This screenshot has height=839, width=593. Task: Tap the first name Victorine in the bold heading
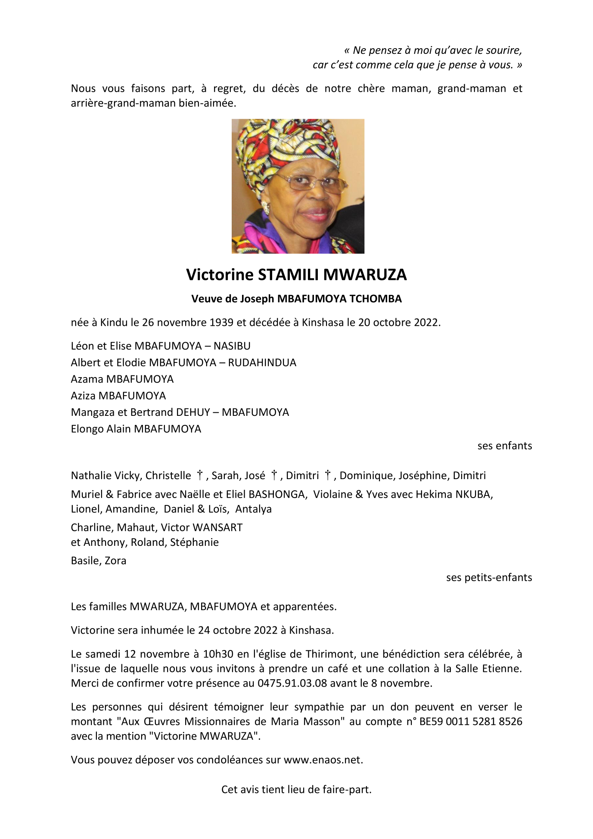point(220,275)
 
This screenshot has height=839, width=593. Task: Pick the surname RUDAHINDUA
point(262,362)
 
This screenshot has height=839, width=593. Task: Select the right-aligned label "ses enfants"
point(504,446)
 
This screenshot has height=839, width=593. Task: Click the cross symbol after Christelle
point(199,475)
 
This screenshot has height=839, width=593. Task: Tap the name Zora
point(115,560)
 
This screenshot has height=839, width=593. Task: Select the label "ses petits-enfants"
point(489,578)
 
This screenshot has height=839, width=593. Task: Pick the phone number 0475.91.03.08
point(292,683)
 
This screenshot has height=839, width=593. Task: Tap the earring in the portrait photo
point(265,210)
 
